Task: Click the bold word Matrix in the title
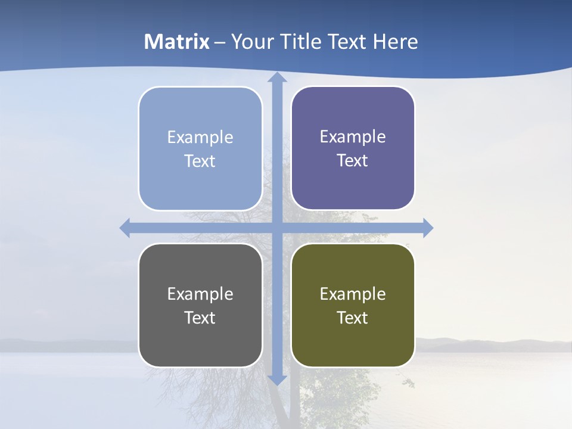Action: [177, 42]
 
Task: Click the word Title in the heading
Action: [303, 42]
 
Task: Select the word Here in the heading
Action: [396, 42]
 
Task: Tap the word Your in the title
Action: [253, 42]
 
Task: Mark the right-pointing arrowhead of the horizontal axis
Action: [428, 228]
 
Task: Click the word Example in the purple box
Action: [353, 136]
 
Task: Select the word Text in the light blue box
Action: [200, 161]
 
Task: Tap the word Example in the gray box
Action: [200, 294]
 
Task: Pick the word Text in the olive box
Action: [352, 318]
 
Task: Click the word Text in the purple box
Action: [352, 160]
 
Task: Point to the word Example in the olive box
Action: [353, 294]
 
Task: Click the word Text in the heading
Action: [349, 42]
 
